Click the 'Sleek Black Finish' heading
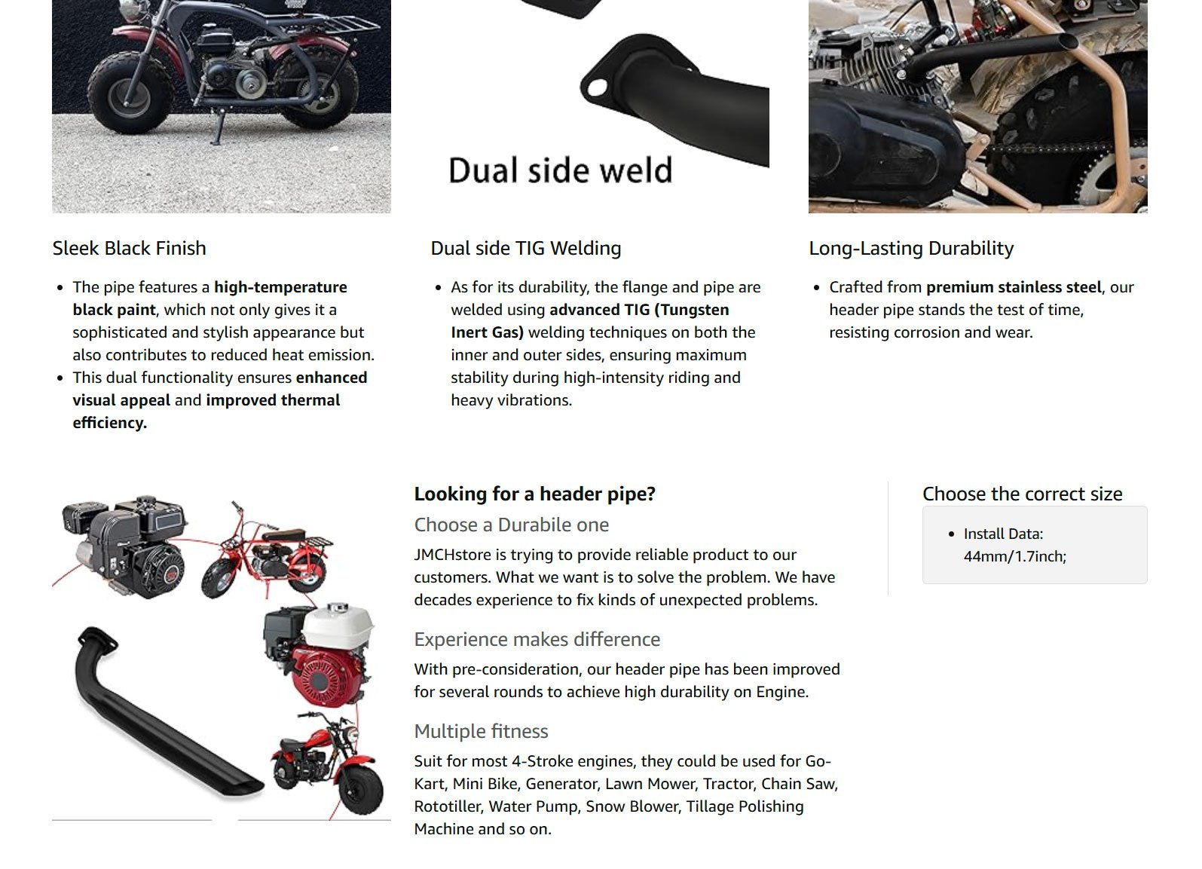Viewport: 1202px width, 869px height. point(130,249)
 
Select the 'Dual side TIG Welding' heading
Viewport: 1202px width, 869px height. point(526,249)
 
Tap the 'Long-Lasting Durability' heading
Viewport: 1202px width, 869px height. point(911,249)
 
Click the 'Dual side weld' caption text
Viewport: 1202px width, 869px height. point(560,170)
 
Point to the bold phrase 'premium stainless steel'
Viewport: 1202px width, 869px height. point(1014,287)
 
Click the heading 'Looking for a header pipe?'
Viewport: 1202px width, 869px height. point(534,494)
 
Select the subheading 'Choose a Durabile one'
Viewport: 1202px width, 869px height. point(512,525)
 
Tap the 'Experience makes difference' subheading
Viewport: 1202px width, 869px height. point(537,639)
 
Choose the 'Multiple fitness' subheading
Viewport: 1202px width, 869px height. point(482,731)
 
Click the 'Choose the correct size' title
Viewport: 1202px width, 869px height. point(1022,494)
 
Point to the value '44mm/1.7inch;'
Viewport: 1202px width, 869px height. point(1014,557)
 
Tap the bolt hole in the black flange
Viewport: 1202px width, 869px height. point(597,87)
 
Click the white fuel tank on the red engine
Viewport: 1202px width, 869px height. point(339,625)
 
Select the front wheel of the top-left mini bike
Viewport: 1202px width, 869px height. point(128,95)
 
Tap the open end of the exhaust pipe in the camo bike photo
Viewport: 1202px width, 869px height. point(1069,41)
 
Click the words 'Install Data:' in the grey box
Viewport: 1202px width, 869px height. point(1004,534)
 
